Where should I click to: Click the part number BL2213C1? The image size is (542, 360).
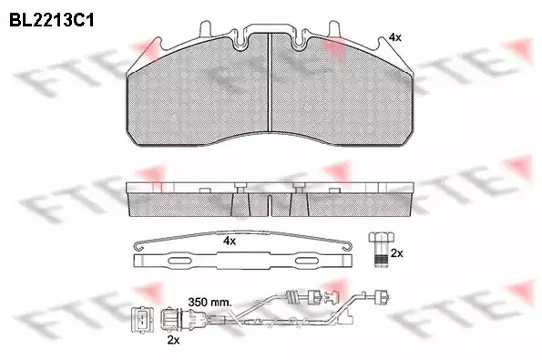pyautogui.click(x=52, y=20)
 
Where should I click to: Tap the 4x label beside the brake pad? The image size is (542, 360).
pyautogui.click(x=394, y=37)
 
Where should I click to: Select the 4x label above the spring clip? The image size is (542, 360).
pyautogui.click(x=230, y=241)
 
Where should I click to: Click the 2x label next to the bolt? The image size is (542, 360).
pyautogui.click(x=396, y=253)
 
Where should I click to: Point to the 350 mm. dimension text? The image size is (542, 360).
pyautogui.click(x=210, y=303)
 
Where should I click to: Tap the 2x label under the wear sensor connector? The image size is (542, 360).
pyautogui.click(x=173, y=340)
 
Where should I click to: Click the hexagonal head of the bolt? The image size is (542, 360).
pyautogui.click(x=381, y=238)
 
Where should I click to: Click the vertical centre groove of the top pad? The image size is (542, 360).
pyautogui.click(x=270, y=82)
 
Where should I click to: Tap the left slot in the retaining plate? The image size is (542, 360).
pyautogui.click(x=179, y=261)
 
